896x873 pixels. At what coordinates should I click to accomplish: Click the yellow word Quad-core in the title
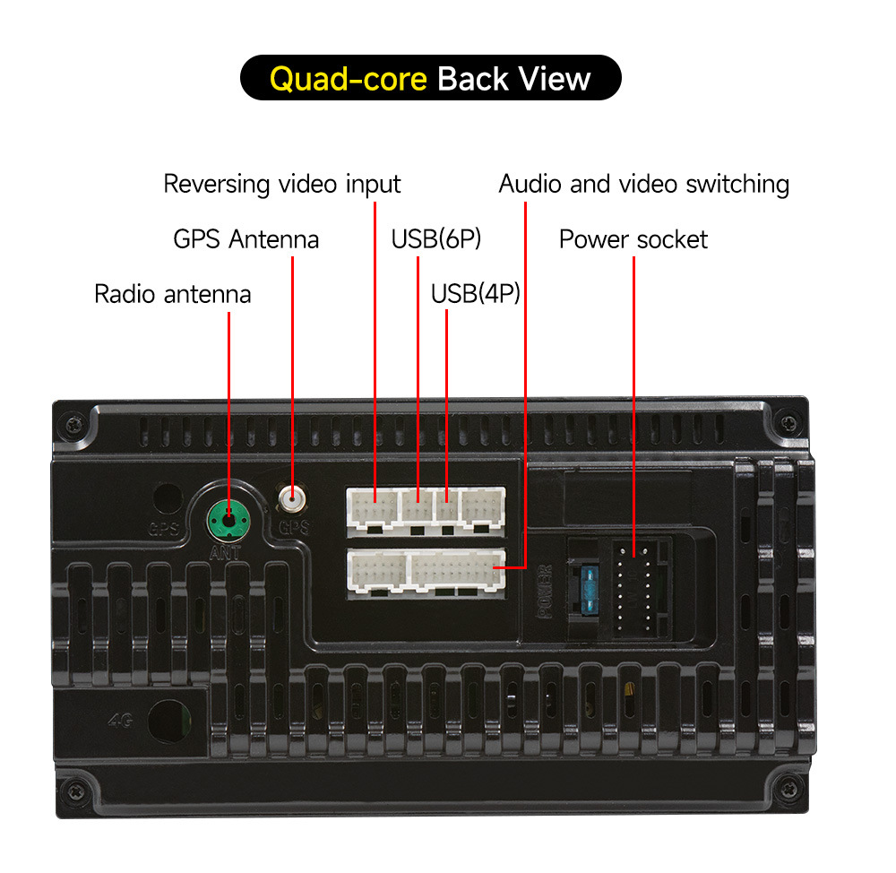click(x=348, y=79)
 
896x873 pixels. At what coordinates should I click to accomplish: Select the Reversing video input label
click(x=281, y=185)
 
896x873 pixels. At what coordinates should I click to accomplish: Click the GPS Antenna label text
click(x=246, y=239)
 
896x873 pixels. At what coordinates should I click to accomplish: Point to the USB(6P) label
click(x=436, y=239)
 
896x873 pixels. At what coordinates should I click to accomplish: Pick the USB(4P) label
click(x=475, y=294)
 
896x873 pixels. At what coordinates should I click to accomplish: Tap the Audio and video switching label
click(x=643, y=185)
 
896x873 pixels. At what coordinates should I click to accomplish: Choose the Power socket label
click(x=633, y=239)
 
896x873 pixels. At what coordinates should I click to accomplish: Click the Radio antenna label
click(x=172, y=294)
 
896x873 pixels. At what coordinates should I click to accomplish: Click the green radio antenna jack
click(x=228, y=517)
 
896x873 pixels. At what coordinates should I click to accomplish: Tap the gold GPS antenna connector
click(x=290, y=496)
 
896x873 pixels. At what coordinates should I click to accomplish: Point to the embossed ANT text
click(x=225, y=553)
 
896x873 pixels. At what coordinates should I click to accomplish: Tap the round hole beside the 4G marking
click(x=169, y=719)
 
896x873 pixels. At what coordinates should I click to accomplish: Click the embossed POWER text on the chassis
click(x=543, y=592)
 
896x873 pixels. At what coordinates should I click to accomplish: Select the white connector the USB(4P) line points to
click(x=446, y=508)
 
